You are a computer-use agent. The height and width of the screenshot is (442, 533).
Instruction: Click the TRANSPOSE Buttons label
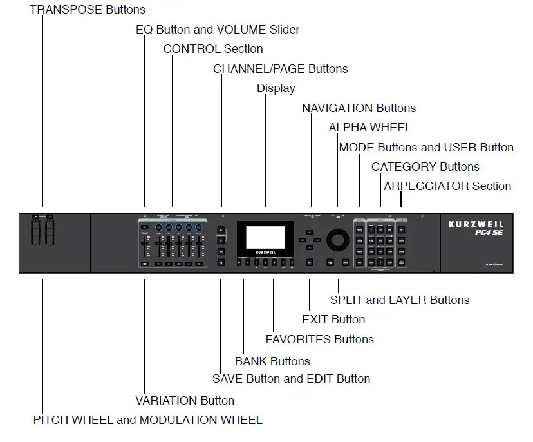[88, 9]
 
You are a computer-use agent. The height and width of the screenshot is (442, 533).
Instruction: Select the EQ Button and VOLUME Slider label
[218, 30]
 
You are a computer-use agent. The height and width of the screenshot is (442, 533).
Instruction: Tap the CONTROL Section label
[212, 49]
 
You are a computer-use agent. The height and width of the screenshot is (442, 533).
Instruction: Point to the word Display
[276, 88]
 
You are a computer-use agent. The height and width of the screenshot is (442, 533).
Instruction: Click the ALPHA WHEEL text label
[369, 128]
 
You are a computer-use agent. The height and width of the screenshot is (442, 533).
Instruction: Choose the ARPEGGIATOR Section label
[447, 186]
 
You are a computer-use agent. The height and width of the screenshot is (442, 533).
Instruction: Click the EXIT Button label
[333, 320]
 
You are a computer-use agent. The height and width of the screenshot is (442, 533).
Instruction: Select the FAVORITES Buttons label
[319, 339]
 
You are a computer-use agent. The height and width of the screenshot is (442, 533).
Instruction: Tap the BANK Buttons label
[272, 361]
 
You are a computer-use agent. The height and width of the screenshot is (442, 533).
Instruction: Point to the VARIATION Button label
[185, 400]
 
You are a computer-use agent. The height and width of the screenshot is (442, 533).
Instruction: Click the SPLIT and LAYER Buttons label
[399, 300]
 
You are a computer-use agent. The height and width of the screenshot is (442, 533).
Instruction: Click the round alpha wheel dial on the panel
[337, 240]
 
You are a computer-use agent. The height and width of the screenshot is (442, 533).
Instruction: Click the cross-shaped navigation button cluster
[310, 240]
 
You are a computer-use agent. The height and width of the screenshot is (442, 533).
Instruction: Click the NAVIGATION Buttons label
[359, 108]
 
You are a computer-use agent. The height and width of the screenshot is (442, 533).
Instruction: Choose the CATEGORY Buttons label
[425, 167]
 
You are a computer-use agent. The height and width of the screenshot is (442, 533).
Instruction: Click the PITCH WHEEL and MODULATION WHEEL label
[147, 420]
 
